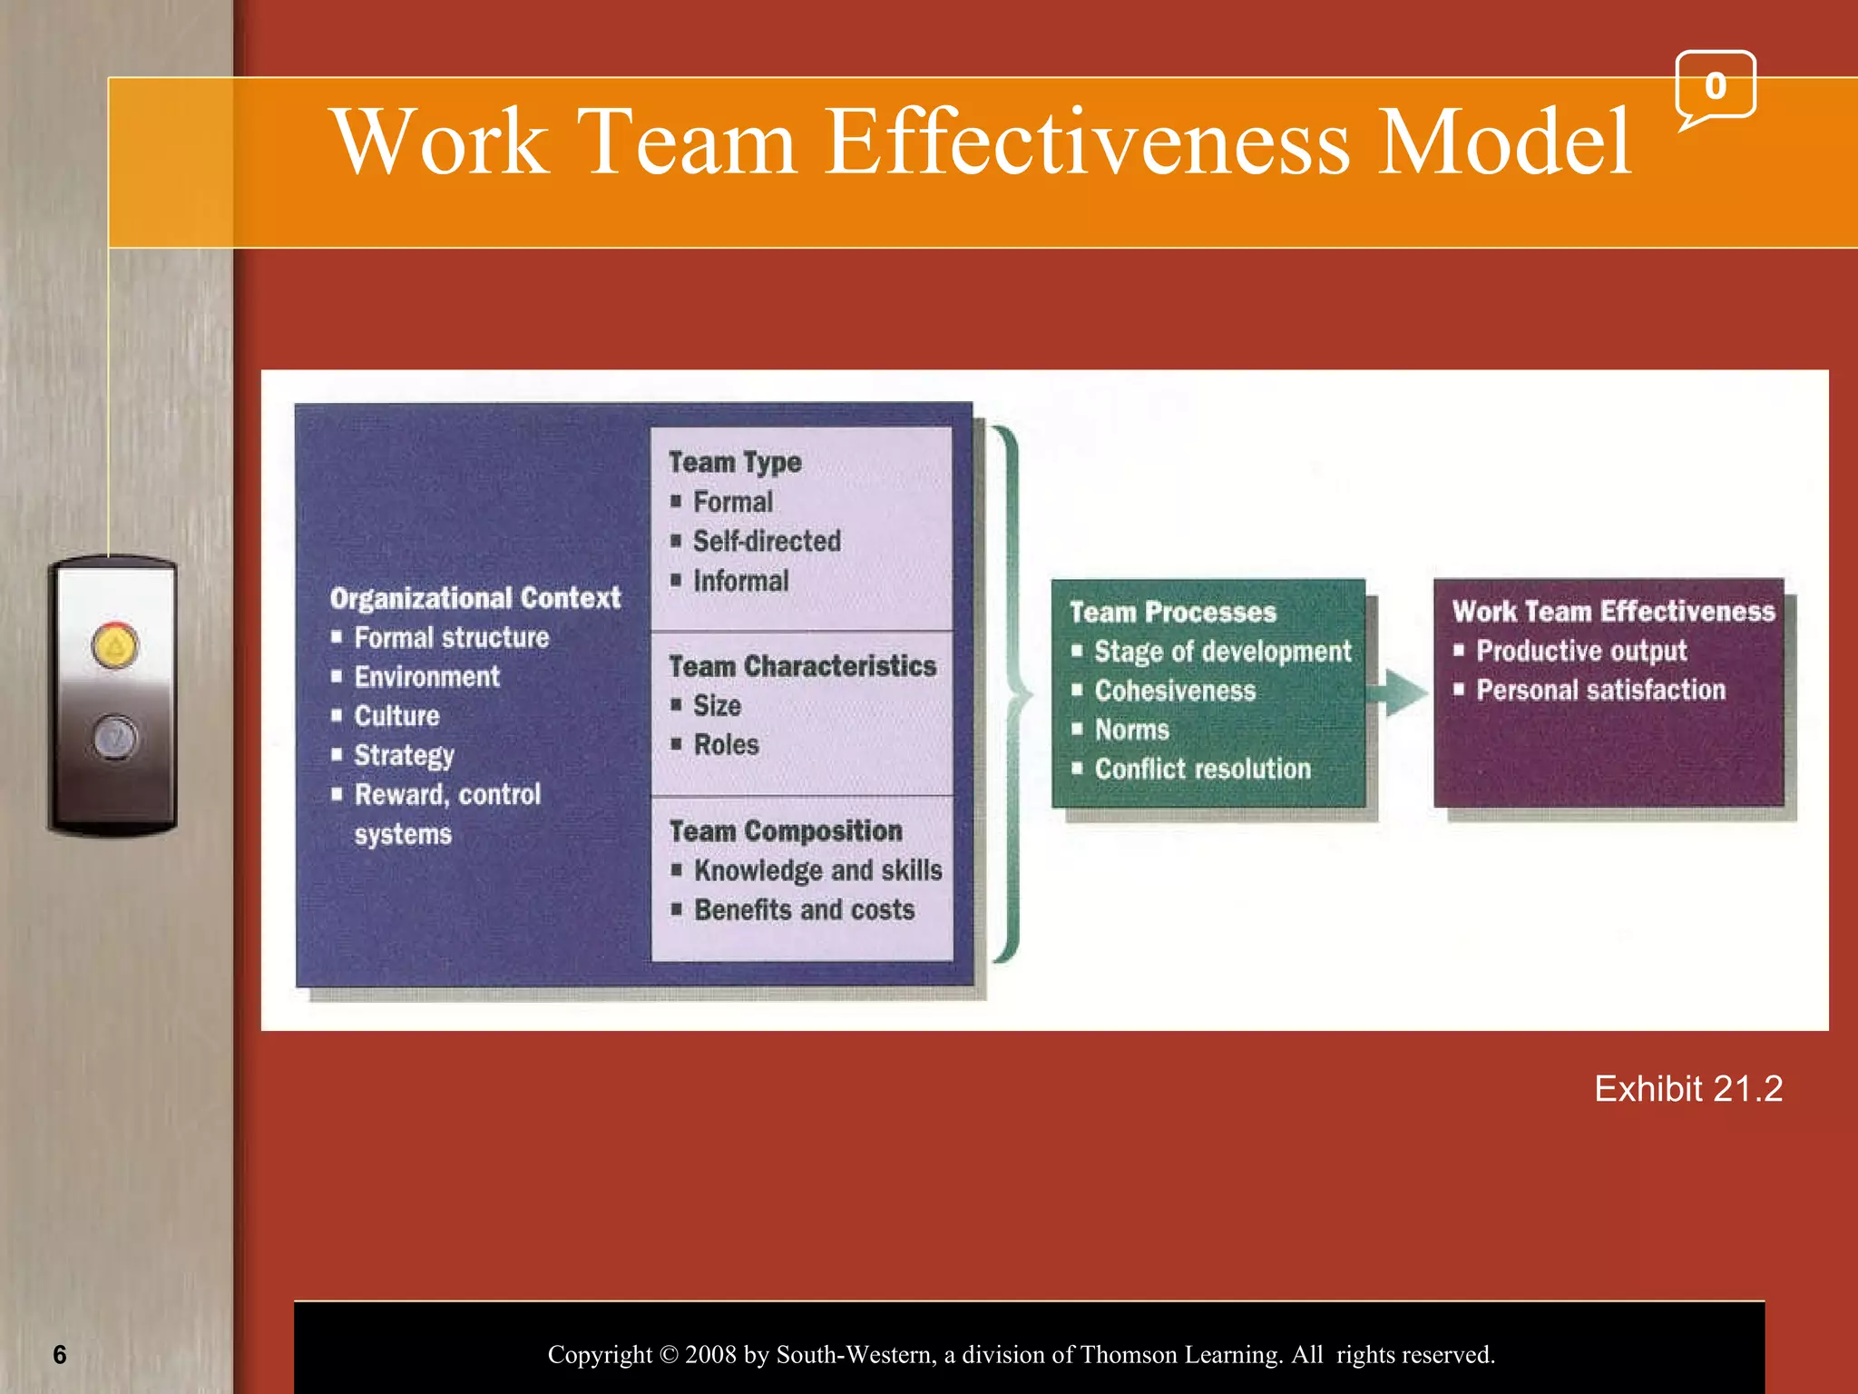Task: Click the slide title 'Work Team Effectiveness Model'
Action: click(x=982, y=142)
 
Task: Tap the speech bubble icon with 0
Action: click(x=1715, y=87)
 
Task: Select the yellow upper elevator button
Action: click(x=115, y=646)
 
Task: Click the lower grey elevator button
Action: click(x=115, y=737)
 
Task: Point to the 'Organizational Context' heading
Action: click(x=475, y=598)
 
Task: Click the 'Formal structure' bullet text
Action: click(x=452, y=637)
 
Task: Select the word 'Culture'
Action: click(x=397, y=716)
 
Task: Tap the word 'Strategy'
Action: click(x=405, y=755)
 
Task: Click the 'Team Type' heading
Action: click(x=735, y=462)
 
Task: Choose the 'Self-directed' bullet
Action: click(x=767, y=541)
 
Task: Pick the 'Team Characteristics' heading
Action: click(x=802, y=666)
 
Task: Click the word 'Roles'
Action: click(x=726, y=744)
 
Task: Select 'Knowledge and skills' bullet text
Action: click(x=818, y=870)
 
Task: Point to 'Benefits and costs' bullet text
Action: click(x=805, y=909)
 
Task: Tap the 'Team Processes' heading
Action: click(x=1172, y=612)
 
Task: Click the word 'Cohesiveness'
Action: click(x=1175, y=691)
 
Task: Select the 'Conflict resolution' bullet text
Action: click(x=1203, y=769)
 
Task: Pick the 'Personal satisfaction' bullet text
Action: click(x=1600, y=690)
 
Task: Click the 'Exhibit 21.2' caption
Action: click(x=1687, y=1088)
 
